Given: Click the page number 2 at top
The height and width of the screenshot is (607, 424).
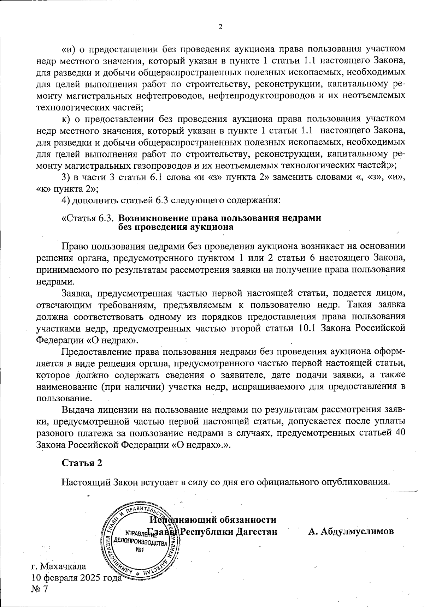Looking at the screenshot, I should pyautogui.click(x=220, y=27).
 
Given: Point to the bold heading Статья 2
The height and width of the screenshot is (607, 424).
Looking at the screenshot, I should pyautogui.click(x=82, y=463).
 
